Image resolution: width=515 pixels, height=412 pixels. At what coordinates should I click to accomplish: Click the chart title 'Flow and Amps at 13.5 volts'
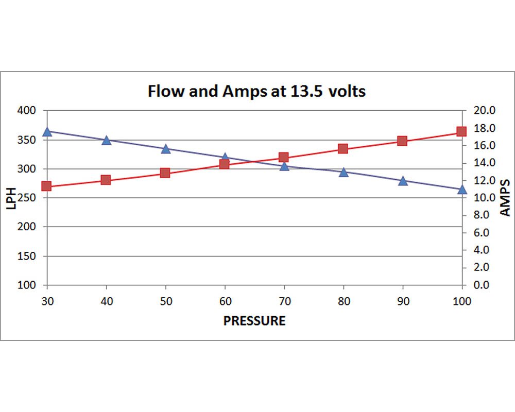click(x=256, y=92)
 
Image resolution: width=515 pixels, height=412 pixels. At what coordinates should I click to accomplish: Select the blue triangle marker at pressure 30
click(x=47, y=132)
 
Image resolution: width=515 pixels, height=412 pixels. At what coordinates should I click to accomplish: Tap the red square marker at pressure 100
click(x=461, y=131)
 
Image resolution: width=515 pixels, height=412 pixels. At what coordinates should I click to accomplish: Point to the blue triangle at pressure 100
click(x=462, y=189)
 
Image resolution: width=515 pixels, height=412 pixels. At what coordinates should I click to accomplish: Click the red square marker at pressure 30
click(x=47, y=186)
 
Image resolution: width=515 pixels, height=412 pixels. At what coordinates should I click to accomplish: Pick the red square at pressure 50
click(x=165, y=173)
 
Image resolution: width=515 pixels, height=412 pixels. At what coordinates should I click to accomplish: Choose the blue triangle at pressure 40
click(x=107, y=140)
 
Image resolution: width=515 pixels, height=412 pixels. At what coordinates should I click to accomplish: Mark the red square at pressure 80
click(x=343, y=149)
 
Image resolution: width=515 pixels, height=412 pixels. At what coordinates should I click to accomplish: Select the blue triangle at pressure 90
click(x=403, y=180)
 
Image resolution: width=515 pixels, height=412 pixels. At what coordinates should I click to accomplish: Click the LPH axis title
click(x=11, y=198)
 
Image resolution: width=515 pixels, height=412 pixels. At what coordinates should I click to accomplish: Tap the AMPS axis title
click(x=505, y=198)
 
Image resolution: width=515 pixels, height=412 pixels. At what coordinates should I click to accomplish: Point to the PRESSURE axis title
click(x=254, y=321)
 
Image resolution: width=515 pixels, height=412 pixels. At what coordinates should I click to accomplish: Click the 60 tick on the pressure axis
click(x=225, y=301)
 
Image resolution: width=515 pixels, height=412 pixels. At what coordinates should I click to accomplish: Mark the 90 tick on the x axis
click(x=403, y=301)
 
